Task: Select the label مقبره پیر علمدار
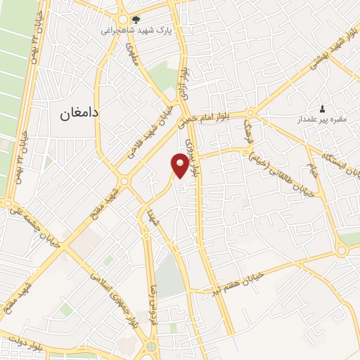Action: tap(322, 120)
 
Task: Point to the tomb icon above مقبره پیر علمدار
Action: tap(322, 108)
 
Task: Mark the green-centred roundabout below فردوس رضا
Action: tap(153, 346)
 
